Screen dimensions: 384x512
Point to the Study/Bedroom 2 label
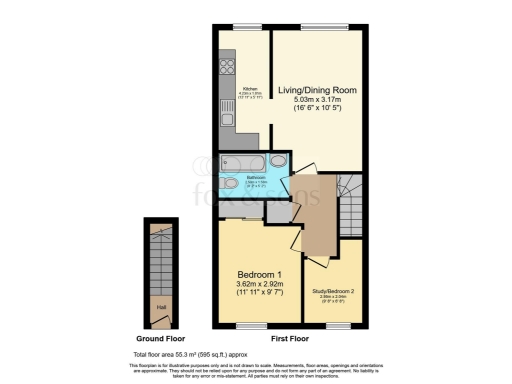[x=333, y=291]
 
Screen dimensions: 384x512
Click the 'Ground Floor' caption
[x=159, y=341]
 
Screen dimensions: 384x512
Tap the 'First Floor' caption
[x=292, y=341]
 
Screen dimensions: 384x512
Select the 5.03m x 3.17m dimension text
[x=316, y=98]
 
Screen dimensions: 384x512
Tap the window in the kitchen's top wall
[x=241, y=25]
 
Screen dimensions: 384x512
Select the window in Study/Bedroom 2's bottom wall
[x=338, y=327]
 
